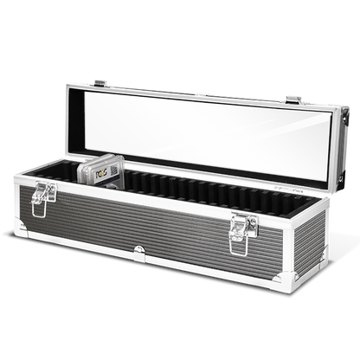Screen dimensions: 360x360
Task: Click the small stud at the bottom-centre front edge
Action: [x=139, y=251]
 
